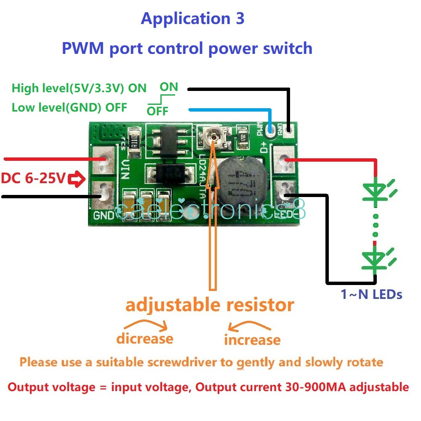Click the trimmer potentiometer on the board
click(x=214, y=137)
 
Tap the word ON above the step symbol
click(x=169, y=87)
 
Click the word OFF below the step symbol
click(x=157, y=112)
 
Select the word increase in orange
click(x=252, y=340)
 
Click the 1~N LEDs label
click(x=371, y=294)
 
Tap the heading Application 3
click(x=192, y=19)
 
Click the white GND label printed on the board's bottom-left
click(x=104, y=216)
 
